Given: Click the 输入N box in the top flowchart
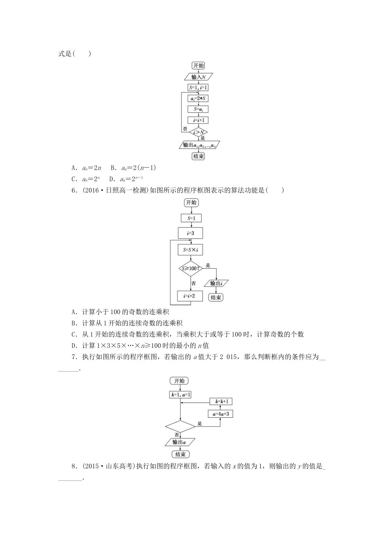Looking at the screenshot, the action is tap(198, 77).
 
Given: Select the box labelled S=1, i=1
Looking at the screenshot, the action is tap(198, 87).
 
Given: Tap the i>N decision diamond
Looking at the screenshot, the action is tap(198, 132).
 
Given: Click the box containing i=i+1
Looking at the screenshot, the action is tap(198, 120).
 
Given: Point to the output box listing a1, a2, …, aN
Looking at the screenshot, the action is tap(198, 145).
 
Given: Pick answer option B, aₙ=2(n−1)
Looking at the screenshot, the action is tap(133, 168).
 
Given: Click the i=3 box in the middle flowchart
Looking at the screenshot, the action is tap(190, 233).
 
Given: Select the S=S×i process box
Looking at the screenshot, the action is tap(190, 250).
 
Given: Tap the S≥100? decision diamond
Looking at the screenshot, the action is tap(190, 268).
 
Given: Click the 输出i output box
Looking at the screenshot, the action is tap(216, 283).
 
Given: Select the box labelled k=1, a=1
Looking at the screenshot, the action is tap(180, 394).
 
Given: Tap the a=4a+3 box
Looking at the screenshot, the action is tap(221, 414).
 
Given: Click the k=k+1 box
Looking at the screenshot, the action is tap(221, 402).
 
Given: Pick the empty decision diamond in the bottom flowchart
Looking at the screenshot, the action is tap(180, 426).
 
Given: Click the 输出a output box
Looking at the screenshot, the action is tap(180, 442).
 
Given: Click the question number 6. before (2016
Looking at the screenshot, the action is tap(74, 190).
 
